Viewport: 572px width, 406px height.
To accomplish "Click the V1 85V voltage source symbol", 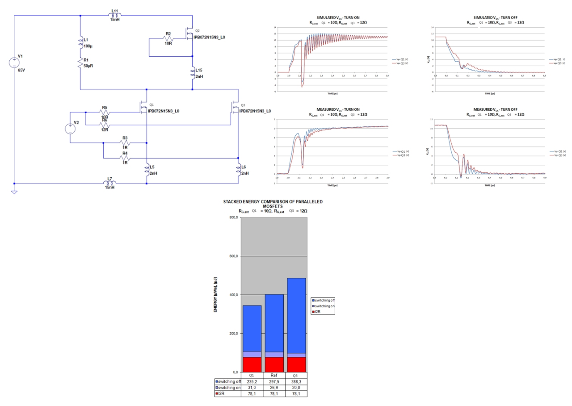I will tap(14, 62).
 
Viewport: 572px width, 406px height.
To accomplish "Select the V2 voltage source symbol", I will tap(70, 129).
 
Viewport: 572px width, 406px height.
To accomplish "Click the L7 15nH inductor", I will tap(110, 183).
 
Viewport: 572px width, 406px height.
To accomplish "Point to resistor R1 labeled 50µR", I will tap(80, 62).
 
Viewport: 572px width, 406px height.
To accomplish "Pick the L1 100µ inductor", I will tap(80, 41).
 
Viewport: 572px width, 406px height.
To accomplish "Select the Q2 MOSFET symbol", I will tap(189, 33).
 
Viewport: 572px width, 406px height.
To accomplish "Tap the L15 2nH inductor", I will tap(192, 72).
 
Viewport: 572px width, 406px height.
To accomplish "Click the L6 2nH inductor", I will tap(238, 169).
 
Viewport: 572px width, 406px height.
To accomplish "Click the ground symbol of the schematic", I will tap(14, 191).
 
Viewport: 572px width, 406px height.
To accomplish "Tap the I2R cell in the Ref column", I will tap(274, 394).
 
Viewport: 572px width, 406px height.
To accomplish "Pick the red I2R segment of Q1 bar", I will tap(252, 364).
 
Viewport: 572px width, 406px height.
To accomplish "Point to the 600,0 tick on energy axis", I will tap(231, 256).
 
